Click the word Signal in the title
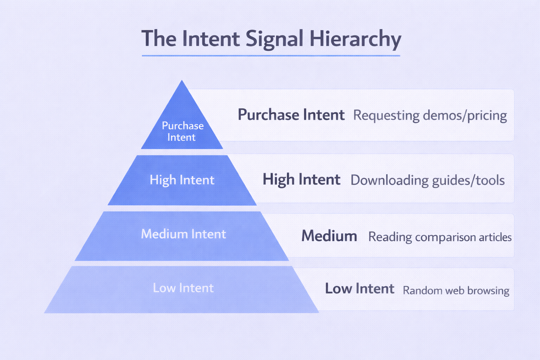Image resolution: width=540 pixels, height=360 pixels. click(x=274, y=39)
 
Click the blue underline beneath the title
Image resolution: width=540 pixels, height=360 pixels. click(x=271, y=56)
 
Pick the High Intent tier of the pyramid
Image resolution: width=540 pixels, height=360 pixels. click(x=182, y=180)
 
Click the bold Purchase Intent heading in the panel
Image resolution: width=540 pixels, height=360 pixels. click(x=291, y=115)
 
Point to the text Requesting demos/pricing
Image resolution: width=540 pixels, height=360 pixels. click(x=430, y=115)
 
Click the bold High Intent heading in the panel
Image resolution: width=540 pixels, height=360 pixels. click(x=301, y=180)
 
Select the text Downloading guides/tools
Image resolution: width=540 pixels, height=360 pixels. click(x=427, y=180)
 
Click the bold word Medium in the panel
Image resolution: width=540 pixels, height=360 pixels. click(x=329, y=236)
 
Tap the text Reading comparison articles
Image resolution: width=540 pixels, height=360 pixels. click(x=439, y=237)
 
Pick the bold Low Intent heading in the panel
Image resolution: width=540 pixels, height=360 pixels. click(x=359, y=289)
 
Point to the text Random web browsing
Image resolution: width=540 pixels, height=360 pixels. click(x=456, y=290)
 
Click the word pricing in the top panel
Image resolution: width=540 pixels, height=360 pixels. click(x=487, y=115)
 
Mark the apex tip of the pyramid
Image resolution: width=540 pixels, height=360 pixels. click(x=182, y=81)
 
